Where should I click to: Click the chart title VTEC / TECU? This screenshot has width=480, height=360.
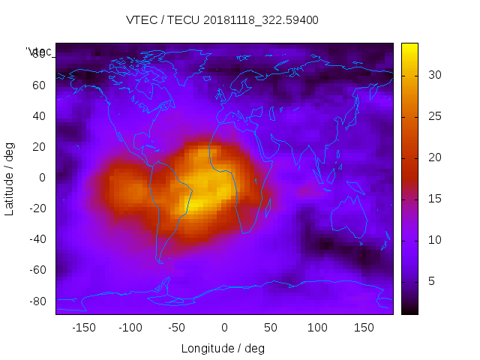tap(223, 20)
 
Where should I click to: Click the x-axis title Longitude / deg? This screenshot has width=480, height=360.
tap(223, 348)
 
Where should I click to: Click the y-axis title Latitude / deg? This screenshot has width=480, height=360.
tap(10, 178)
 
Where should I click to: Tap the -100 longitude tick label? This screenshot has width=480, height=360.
tap(130, 328)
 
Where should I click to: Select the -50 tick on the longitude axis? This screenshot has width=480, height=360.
tap(177, 328)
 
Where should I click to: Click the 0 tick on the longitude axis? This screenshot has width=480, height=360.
tap(224, 328)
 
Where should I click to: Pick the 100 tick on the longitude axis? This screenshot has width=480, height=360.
tap(317, 328)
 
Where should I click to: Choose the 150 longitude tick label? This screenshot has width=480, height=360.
tap(364, 328)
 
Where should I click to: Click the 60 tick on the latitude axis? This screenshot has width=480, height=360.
tap(39, 85)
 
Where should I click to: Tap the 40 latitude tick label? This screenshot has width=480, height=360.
tap(39, 115)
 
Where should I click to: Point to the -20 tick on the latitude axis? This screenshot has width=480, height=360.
tap(37, 208)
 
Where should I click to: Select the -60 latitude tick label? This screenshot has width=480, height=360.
tap(37, 270)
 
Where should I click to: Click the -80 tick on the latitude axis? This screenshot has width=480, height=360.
tap(37, 301)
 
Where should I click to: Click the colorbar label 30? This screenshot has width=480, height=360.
tap(433, 75)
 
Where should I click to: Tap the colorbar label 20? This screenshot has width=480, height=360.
tap(433, 157)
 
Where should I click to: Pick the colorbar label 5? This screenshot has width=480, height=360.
tap(430, 281)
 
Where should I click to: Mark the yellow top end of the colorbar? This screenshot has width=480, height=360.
tap(409, 46)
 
